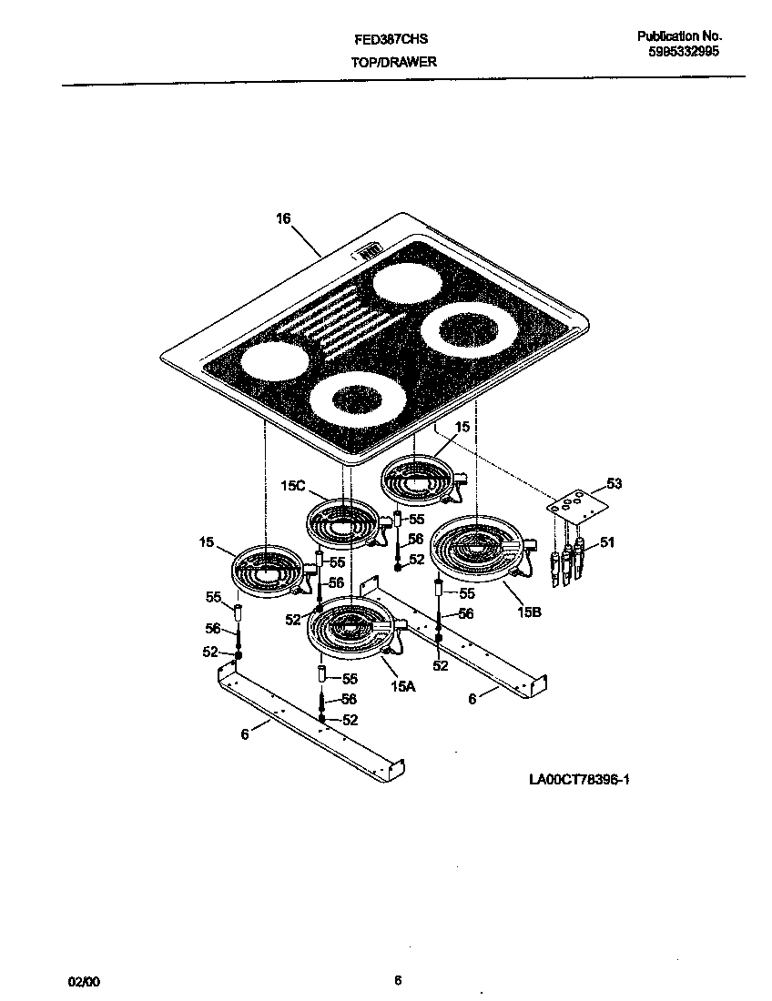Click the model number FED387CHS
point(391,40)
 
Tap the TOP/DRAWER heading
point(393,62)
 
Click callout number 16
point(283,218)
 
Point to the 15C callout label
point(293,488)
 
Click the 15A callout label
point(403,688)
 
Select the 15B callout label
point(530,612)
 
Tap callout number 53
point(615,483)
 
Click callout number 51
point(606,542)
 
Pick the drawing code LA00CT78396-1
point(579,780)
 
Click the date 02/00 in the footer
point(84,981)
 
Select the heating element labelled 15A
point(351,630)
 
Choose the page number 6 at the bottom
point(398,980)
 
